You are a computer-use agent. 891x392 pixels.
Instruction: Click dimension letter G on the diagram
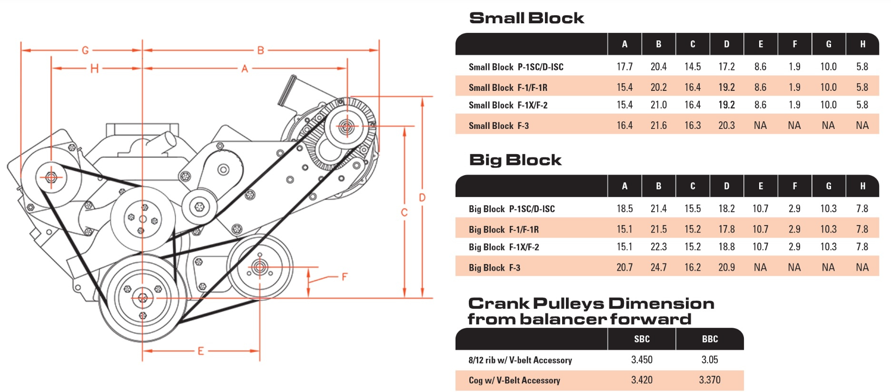tap(85, 50)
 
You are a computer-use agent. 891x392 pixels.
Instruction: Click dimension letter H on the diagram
tap(94, 69)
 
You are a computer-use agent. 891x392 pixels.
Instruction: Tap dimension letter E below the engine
tap(200, 351)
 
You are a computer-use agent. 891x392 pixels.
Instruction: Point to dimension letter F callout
tap(345, 276)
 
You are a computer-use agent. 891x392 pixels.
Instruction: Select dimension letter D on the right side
tap(422, 197)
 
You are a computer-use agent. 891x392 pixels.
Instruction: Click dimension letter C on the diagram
tap(404, 212)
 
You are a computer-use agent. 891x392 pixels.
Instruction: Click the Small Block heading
tap(526, 18)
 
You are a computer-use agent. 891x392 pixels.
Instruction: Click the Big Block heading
tap(515, 160)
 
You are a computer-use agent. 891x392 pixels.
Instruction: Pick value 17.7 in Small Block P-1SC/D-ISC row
tap(624, 67)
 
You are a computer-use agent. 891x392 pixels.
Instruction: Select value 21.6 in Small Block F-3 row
tap(658, 126)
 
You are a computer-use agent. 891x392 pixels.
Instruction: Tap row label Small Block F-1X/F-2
tap(508, 105)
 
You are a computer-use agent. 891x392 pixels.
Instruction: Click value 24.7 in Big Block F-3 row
tap(658, 267)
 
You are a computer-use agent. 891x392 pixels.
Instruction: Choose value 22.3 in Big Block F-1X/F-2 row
tap(658, 247)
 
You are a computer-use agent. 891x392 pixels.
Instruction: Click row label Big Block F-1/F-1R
tap(504, 229)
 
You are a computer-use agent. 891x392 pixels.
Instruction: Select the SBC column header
tap(642, 339)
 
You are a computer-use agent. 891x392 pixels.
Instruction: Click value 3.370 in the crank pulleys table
tap(709, 380)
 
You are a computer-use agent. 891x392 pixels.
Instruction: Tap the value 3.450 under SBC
tap(642, 360)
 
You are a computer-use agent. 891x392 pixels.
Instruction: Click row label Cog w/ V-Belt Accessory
tap(514, 380)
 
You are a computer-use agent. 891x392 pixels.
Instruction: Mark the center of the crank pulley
tap(142, 298)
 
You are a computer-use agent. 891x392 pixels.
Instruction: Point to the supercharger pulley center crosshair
tap(346, 127)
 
